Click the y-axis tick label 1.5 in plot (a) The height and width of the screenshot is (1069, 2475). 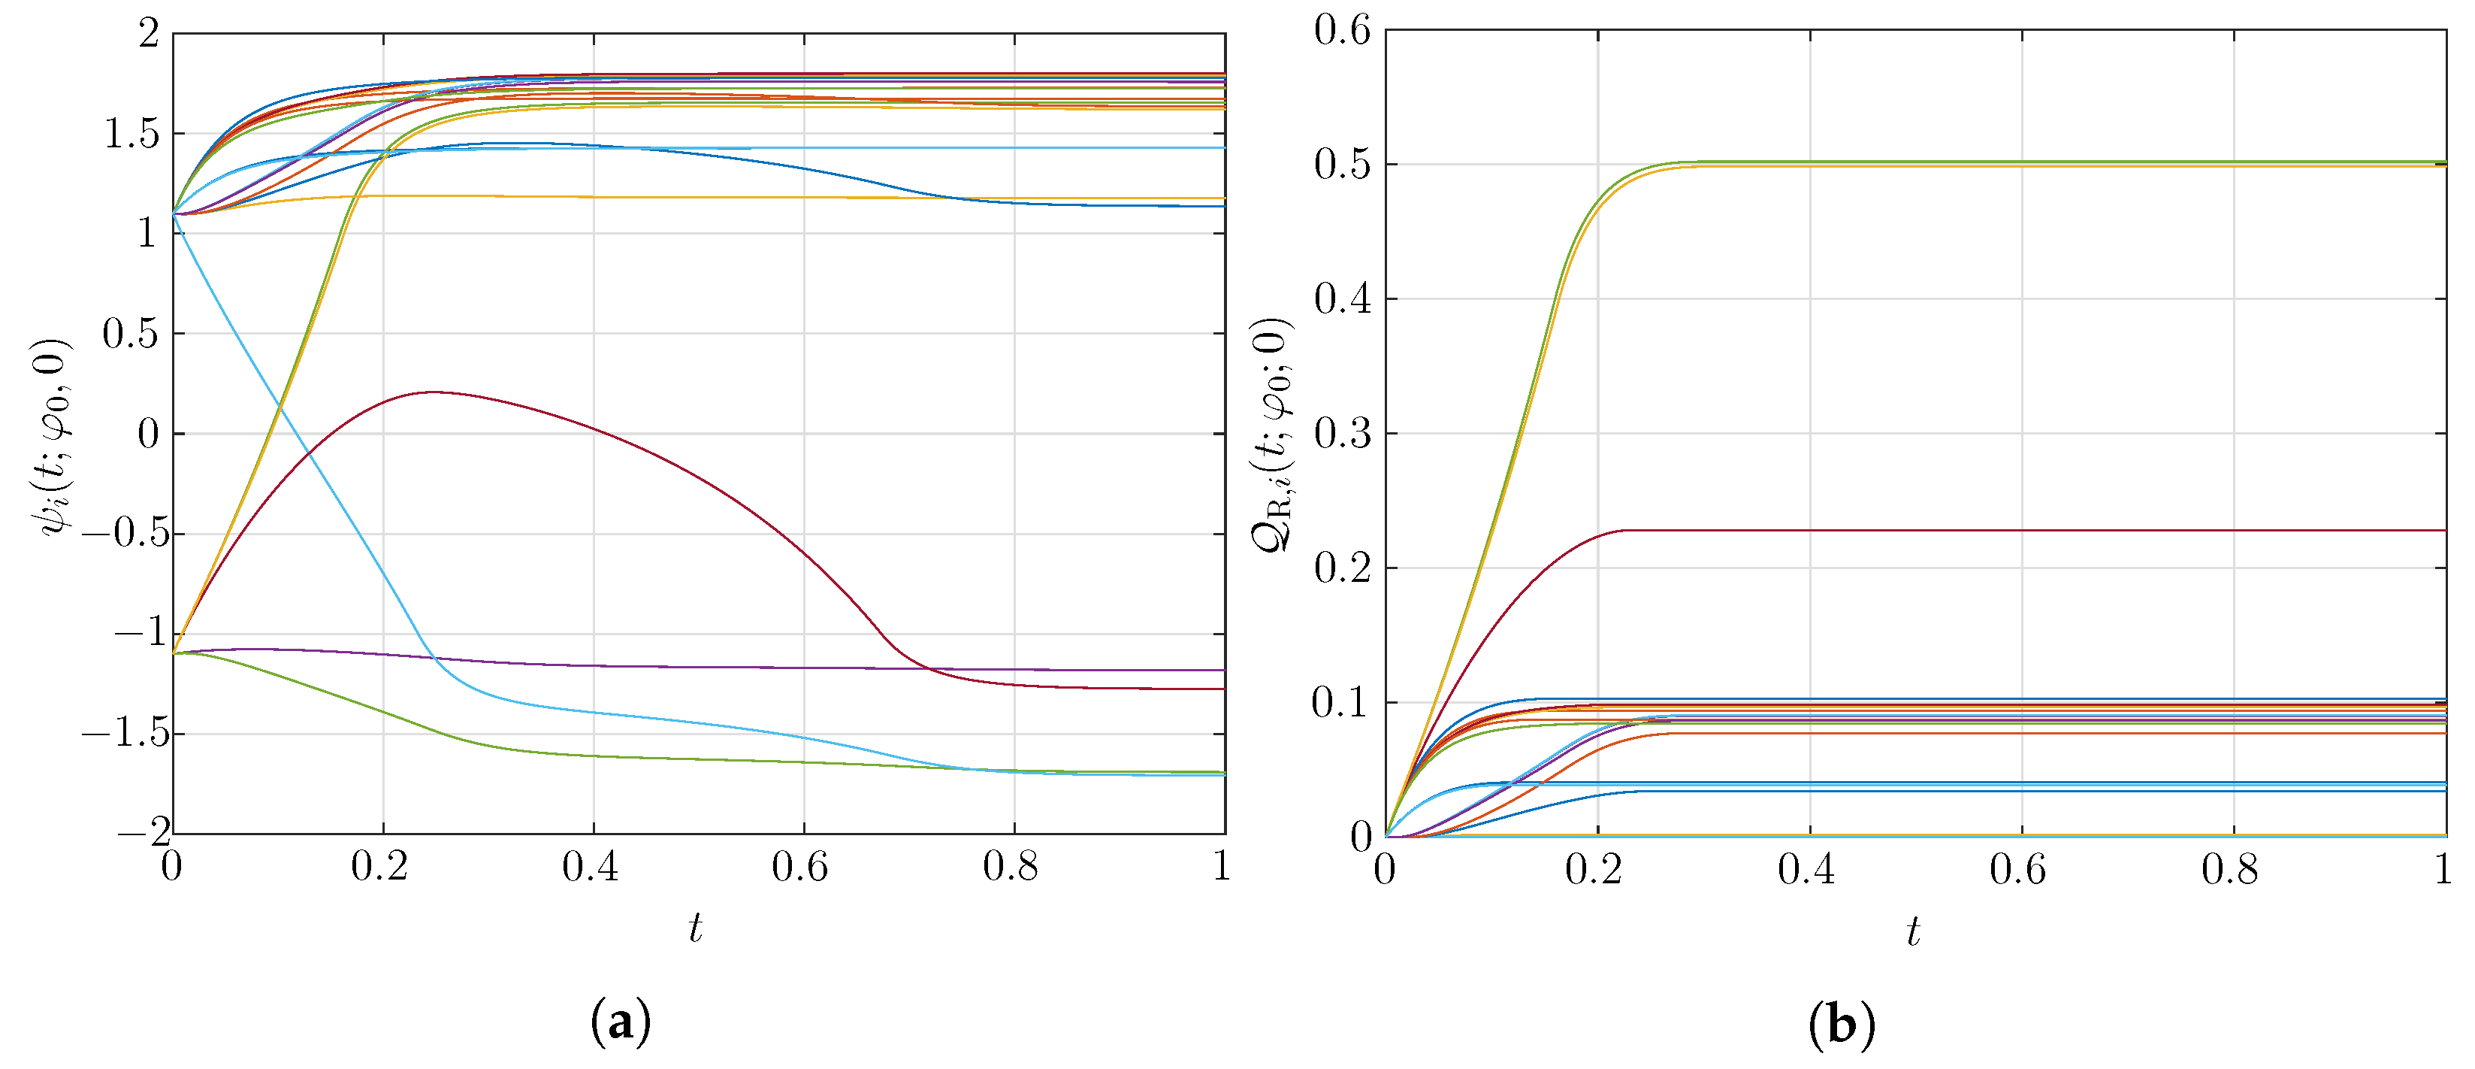[x=131, y=135]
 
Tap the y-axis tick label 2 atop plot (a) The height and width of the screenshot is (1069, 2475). [x=148, y=35]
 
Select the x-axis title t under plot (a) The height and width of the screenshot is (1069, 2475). [x=695, y=928]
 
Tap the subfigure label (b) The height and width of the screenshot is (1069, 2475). [x=1841, y=1025]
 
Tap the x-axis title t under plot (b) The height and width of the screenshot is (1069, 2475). [x=1913, y=931]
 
